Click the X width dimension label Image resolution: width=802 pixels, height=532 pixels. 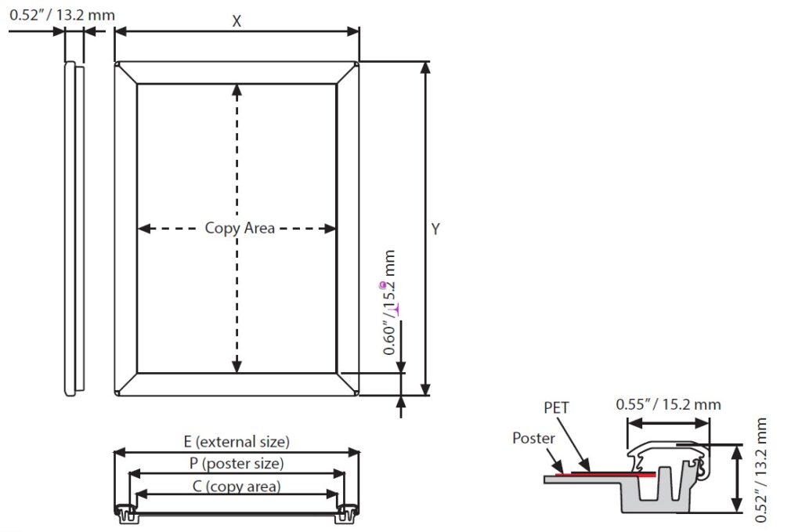[x=237, y=21]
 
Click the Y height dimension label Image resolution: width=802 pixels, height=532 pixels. [x=435, y=229]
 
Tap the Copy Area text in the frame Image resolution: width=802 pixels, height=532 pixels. [x=240, y=228]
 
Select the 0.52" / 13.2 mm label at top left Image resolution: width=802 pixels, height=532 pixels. [x=62, y=14]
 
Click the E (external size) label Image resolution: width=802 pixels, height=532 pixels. [x=237, y=442]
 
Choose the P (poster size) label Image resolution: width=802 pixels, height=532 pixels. [x=237, y=463]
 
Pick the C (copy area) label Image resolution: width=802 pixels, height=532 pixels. [x=237, y=486]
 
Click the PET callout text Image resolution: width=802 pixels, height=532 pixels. [x=556, y=407]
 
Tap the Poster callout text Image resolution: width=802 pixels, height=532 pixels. [x=533, y=438]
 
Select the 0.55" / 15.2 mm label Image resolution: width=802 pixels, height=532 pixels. [x=668, y=404]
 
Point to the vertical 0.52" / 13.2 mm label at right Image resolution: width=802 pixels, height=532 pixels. [x=761, y=470]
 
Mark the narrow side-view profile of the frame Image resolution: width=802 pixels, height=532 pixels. [x=73, y=227]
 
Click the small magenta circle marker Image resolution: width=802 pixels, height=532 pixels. [x=382, y=285]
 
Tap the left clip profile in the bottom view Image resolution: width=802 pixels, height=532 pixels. [x=126, y=512]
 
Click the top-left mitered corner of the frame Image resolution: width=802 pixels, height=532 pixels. [x=126, y=73]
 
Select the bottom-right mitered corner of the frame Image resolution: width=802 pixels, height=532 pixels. [x=348, y=384]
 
